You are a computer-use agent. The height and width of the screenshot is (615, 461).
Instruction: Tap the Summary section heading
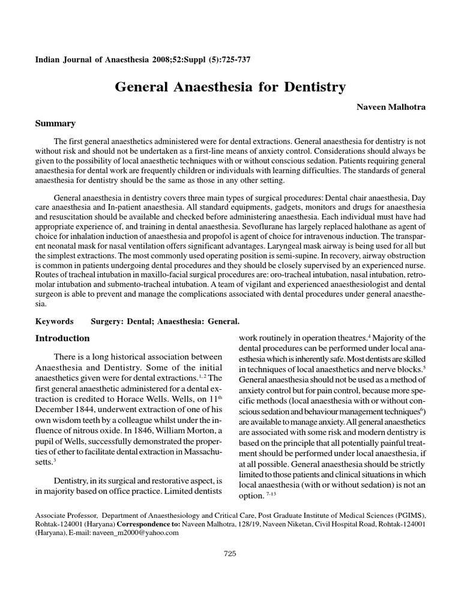(56, 124)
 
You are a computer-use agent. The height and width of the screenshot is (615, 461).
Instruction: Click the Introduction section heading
(63, 338)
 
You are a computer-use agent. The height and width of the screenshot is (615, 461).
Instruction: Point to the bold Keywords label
(55, 321)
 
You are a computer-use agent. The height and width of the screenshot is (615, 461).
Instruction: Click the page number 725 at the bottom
(230, 553)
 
